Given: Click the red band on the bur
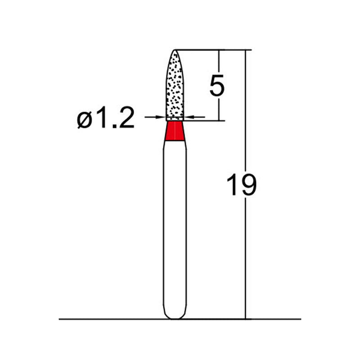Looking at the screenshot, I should [175, 131].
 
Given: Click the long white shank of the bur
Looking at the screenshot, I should [175, 225].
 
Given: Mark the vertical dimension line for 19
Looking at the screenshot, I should [246, 247].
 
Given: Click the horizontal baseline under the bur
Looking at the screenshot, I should [112, 319].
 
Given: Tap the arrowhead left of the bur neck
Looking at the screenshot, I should [162, 117].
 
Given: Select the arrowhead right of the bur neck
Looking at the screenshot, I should [188, 117].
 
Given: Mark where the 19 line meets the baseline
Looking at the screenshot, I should [246, 319].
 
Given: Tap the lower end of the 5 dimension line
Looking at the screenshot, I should [219, 120].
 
